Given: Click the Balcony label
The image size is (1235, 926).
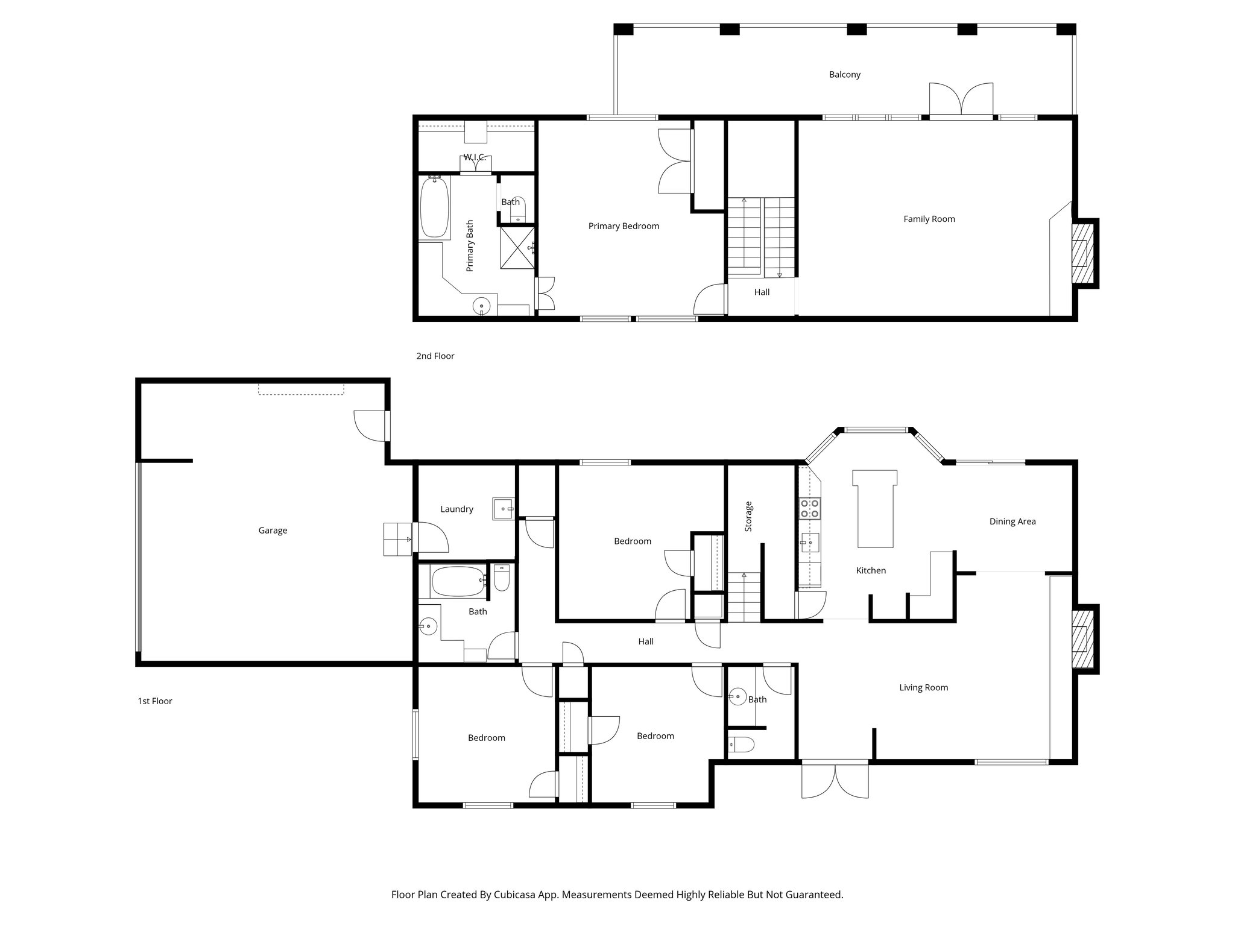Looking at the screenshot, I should [x=844, y=75].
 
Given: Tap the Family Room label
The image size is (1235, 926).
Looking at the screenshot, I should [x=929, y=219].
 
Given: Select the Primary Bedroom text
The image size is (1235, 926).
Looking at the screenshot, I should [x=624, y=226].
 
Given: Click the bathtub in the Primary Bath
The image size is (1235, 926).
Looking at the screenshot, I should [x=434, y=207].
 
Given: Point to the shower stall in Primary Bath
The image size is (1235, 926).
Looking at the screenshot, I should [x=517, y=247].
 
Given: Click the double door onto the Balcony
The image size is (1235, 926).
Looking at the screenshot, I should [x=961, y=100].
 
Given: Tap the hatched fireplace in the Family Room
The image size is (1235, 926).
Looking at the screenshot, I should [x=1082, y=253].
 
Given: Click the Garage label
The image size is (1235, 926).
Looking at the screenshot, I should [x=273, y=531].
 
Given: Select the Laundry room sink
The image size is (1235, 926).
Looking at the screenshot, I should [x=503, y=509].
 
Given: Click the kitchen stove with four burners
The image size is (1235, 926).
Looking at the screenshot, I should [x=809, y=508].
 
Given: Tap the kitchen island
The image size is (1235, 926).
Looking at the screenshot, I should [x=875, y=510].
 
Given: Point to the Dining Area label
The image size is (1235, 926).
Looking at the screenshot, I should [x=1012, y=521].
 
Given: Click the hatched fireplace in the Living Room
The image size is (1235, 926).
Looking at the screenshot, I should [x=1082, y=640].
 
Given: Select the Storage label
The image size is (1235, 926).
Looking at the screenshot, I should [x=748, y=516].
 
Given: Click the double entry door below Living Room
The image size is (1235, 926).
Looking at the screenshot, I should [x=835, y=780].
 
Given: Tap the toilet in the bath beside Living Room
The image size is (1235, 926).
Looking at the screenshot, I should [x=741, y=745].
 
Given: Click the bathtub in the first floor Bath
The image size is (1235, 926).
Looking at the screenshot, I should [x=458, y=581].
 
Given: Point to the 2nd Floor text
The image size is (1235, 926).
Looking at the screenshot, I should [x=435, y=356].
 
